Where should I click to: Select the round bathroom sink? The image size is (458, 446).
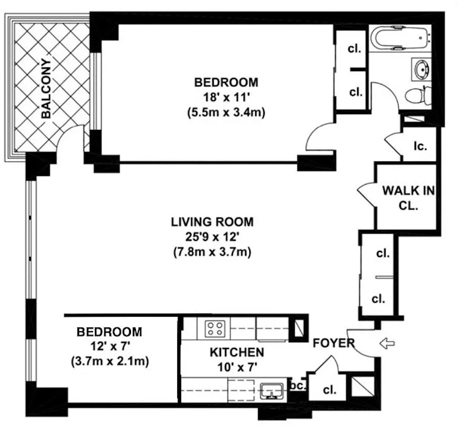pos(421,69)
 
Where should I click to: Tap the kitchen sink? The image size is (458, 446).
pos(272,390)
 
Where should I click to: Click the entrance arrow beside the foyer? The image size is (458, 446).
pos(386,343)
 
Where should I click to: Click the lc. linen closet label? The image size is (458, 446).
pos(420,146)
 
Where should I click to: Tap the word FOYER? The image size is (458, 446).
pos(334,343)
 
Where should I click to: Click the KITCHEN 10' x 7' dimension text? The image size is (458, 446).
pos(236,366)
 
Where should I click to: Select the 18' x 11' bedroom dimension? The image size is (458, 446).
pos(226,96)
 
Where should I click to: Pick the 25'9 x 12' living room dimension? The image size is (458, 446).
pos(212,236)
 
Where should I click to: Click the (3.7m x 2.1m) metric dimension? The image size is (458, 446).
pos(109,361)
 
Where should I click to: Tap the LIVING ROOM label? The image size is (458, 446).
pos(212,221)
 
